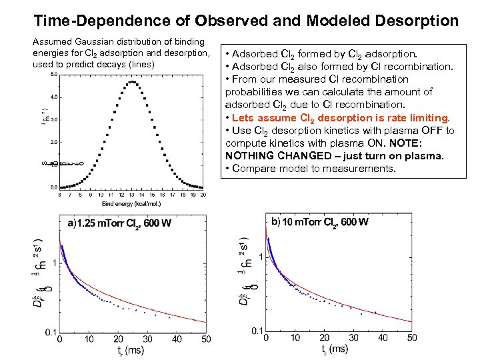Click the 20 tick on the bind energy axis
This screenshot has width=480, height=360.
pyautogui.click(x=203, y=195)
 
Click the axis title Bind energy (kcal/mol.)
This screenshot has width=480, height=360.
pyautogui.click(x=131, y=203)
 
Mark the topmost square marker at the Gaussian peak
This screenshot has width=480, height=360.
pyautogui.click(x=133, y=82)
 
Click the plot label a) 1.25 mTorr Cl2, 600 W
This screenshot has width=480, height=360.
pyautogui.click(x=118, y=223)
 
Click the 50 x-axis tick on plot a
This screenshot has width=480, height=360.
pyautogui.click(x=206, y=339)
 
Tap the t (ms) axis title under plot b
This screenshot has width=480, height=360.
pyautogui.click(x=335, y=349)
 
